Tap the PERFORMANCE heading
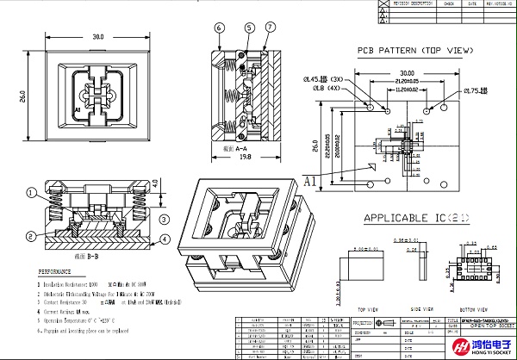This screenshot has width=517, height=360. pyautogui.click(x=60, y=271)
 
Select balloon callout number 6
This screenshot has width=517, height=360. pyautogui.click(x=220, y=28)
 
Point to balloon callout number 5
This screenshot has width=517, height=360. pyautogui.click(x=249, y=28)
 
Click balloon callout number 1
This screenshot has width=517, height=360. pyautogui.click(x=30, y=193)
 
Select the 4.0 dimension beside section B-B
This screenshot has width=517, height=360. pyautogui.click(x=155, y=183)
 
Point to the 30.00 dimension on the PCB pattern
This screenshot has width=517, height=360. pyautogui.click(x=407, y=72)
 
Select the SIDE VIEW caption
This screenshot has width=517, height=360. pyautogui.click(x=421, y=307)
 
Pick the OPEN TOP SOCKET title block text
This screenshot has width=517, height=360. pyautogui.click(x=488, y=328)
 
